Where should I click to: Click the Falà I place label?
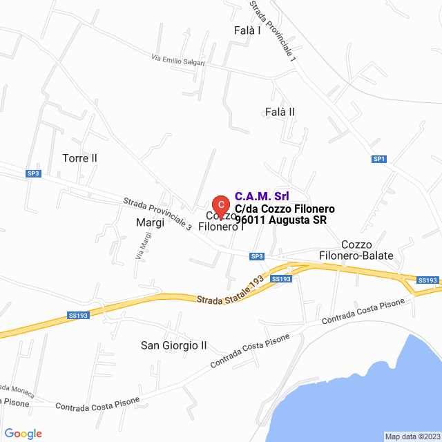[248, 30]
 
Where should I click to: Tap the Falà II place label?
[280, 111]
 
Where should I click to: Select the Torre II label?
[79, 158]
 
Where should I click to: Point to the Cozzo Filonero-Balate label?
[356, 250]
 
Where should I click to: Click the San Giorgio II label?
[174, 345]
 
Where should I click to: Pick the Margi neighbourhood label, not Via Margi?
[150, 222]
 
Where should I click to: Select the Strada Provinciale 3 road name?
[157, 214]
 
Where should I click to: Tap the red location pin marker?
[220, 205]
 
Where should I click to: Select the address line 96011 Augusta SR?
[280, 220]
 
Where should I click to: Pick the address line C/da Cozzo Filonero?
[285, 209]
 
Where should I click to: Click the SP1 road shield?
[378, 159]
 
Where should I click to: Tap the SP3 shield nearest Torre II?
[33, 173]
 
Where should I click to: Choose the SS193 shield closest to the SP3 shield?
[281, 278]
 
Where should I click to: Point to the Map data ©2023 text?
[412, 436]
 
